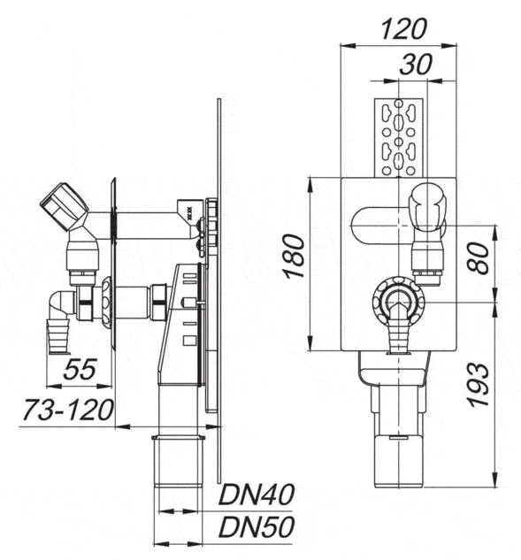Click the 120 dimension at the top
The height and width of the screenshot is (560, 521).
tap(403, 29)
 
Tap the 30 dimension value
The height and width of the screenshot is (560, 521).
tap(416, 65)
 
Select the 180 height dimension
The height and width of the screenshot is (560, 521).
tap(295, 256)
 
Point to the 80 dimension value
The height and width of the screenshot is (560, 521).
tap(479, 257)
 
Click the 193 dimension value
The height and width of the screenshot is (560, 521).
tap(478, 385)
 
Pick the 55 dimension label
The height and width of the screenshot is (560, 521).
tap(80, 369)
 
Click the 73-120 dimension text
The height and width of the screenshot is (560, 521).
tap(68, 410)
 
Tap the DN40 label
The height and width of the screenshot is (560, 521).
tap(257, 495)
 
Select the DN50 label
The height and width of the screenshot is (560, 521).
tap(257, 526)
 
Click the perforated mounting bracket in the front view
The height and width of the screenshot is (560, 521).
tap(399, 137)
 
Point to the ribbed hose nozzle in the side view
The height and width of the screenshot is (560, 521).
tap(59, 336)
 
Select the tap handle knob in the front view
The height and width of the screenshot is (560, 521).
tap(428, 207)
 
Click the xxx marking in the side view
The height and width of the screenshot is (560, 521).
tap(189, 211)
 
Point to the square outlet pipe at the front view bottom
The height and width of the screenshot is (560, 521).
tap(398, 461)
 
